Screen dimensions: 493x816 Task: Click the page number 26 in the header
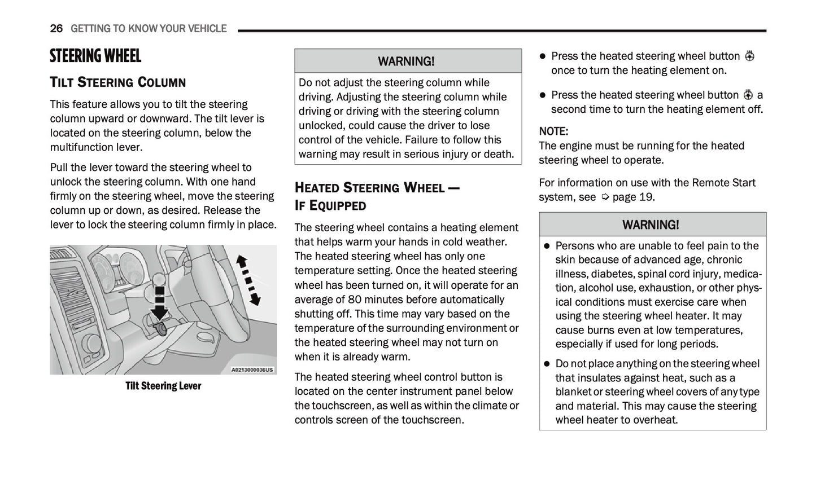[56, 29]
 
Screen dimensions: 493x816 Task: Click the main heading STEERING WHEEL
[95, 56]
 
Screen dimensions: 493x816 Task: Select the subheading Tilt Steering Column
[117, 82]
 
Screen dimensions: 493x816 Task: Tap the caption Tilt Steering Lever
[163, 386]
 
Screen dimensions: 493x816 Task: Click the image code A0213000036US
[252, 370]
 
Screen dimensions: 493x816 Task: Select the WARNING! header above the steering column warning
[407, 61]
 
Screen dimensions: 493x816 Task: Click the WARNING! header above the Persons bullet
[651, 225]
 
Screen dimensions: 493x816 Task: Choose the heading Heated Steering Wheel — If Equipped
[377, 196]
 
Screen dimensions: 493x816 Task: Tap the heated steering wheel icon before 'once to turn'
[749, 56]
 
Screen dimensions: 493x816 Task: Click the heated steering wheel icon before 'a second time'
[748, 95]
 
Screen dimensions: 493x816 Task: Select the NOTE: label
[553, 131]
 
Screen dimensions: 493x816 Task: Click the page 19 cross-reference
[627, 197]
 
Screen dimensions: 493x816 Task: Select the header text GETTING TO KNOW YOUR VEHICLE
[149, 29]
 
